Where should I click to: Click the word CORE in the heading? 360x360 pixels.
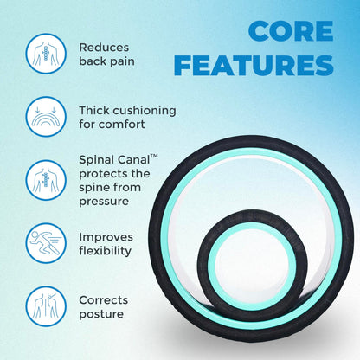[290, 31]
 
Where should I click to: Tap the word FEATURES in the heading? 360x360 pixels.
[264, 65]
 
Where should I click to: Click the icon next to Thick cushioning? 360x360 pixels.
[43, 117]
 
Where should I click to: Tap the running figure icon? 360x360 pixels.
[43, 243]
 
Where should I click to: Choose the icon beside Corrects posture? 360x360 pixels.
[43, 306]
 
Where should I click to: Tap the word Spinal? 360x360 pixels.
[99, 160]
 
